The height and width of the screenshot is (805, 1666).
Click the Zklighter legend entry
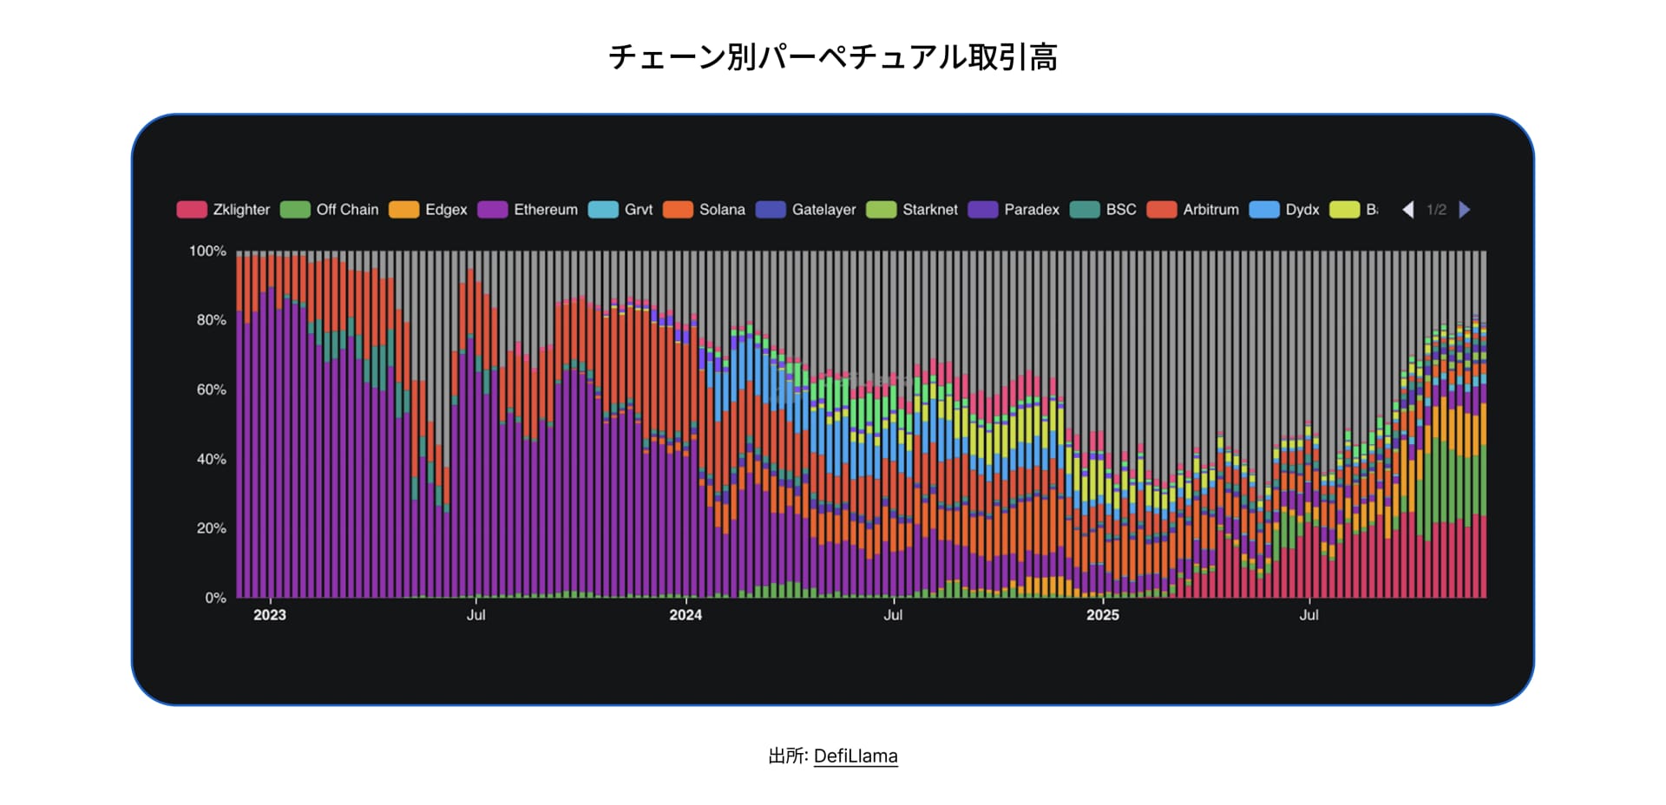click(224, 210)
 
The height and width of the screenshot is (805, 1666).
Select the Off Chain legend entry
click(330, 210)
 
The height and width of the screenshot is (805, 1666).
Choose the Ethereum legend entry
click(528, 210)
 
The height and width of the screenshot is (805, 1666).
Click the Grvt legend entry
click(621, 210)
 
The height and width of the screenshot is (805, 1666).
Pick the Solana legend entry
click(705, 210)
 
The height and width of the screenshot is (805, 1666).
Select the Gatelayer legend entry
click(806, 210)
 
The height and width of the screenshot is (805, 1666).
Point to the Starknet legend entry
click(913, 210)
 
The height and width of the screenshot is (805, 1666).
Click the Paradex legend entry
click(1014, 210)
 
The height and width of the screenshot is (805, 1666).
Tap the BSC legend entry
click(1104, 210)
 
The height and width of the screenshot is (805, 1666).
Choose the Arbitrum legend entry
click(1193, 210)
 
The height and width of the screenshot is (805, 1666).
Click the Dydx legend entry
click(1285, 210)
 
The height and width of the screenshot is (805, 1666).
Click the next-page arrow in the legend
click(1465, 210)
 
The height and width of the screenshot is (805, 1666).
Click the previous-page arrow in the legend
click(1408, 210)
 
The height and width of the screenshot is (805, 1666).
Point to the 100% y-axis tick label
click(207, 252)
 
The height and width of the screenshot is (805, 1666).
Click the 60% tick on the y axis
click(211, 390)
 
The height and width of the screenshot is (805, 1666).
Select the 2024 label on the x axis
click(685, 615)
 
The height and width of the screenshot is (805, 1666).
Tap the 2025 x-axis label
click(1103, 615)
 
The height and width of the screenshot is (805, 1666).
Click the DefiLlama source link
click(856, 756)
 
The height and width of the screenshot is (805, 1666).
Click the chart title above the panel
click(833, 57)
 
